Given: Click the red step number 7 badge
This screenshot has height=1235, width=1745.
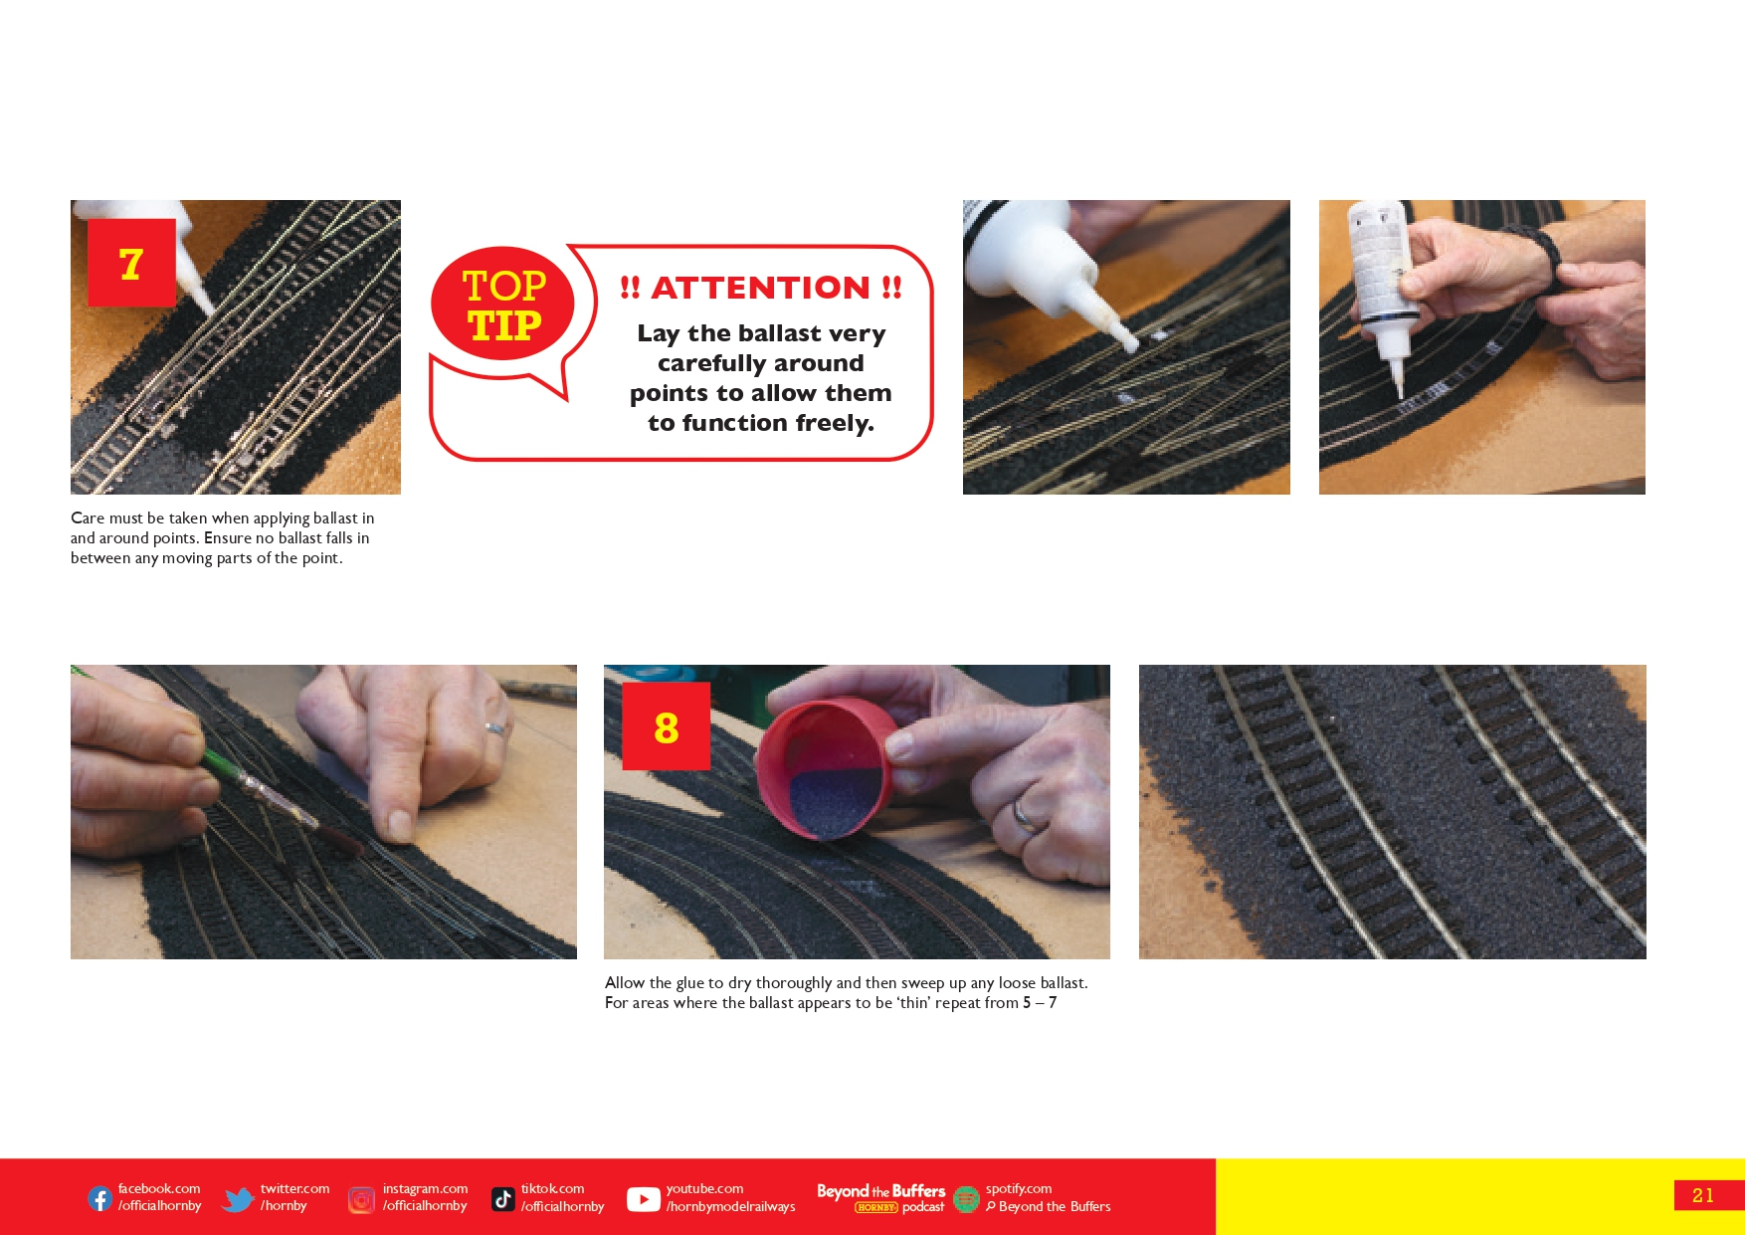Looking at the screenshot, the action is point(131,263).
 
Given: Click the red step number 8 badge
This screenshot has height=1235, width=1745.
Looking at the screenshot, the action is point(666,726).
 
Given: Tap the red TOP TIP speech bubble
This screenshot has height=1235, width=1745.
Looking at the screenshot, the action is point(503,305).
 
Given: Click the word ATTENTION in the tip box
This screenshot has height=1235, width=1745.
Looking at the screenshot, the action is point(760,288).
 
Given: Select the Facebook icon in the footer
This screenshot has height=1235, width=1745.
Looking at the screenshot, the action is point(100,1198).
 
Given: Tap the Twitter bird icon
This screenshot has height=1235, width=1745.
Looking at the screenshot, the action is point(238,1199).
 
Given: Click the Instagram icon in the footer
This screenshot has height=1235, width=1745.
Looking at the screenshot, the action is point(362,1199).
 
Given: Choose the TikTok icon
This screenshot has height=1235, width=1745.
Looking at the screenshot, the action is point(503,1199).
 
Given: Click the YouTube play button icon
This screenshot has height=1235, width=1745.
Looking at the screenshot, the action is point(644,1199).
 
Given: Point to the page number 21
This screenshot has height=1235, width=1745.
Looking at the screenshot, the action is point(1703,1195).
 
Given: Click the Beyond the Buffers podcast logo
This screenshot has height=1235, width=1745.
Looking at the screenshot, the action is point(880,1198).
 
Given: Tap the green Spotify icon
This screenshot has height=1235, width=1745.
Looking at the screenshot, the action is point(966,1199).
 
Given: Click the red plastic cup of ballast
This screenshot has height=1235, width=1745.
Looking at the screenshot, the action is point(823,769).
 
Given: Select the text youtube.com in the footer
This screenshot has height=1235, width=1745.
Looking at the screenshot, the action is point(704,1189).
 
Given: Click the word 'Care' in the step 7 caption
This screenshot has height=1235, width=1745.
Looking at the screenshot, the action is point(88,518).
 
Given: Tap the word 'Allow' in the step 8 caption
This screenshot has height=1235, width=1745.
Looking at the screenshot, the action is point(625,983).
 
